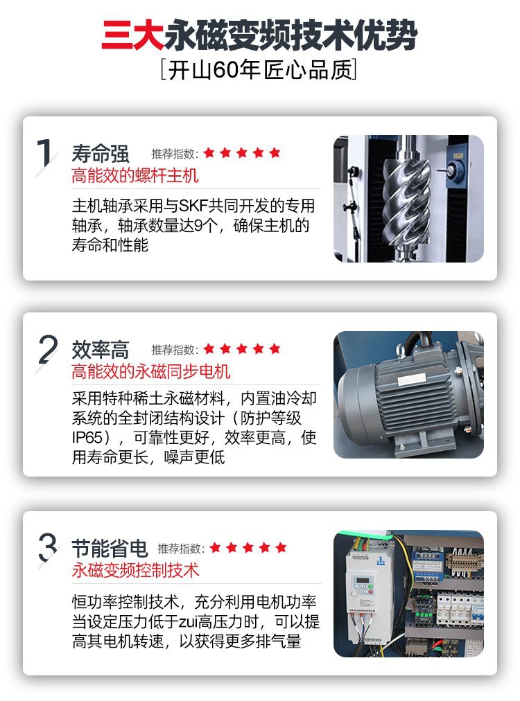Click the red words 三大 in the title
132,35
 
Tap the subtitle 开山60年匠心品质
259,69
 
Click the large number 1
45,153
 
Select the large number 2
48,350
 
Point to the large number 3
48,547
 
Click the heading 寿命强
101,154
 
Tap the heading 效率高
101,350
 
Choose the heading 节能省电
110,548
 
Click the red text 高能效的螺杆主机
135,175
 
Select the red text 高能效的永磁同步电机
151,371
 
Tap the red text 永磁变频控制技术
135,570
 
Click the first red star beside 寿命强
209,153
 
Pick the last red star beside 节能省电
281,547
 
